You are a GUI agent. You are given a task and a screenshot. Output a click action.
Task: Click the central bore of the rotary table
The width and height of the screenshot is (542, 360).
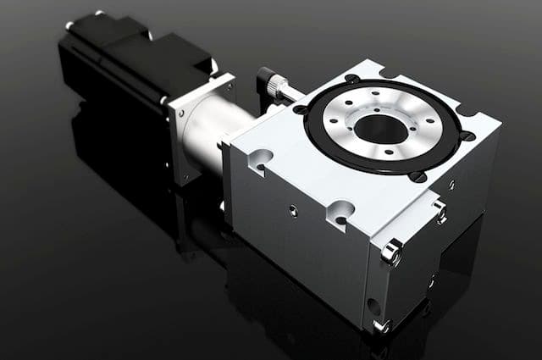(381, 128)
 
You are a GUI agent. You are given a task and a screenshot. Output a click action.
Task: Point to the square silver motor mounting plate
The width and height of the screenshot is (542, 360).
(199, 127)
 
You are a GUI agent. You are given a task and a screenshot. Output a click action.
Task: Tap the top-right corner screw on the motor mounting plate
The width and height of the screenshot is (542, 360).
(226, 83)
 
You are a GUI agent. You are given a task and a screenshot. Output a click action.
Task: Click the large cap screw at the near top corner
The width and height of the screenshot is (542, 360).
(392, 250)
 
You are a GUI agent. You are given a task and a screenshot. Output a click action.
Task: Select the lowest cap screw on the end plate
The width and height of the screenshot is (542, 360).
(380, 325)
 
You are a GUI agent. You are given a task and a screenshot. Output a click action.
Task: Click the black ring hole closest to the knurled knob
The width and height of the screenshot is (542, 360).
(300, 108)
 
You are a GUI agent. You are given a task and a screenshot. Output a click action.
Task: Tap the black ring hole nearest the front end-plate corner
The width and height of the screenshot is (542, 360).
(417, 176)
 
